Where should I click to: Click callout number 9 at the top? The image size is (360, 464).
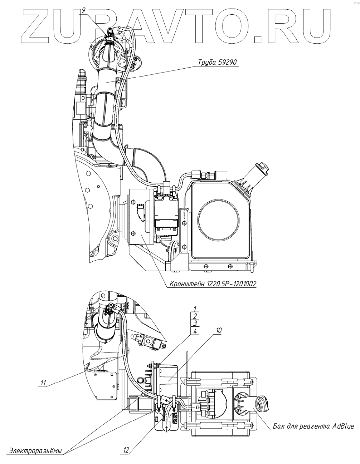coord(84,10)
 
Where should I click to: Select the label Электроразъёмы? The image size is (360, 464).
coord(36,451)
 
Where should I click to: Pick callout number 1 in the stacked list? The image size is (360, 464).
coord(195,308)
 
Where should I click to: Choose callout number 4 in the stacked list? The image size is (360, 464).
coord(195,331)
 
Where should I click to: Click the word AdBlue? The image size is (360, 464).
coord(343,426)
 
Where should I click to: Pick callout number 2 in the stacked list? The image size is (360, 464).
coord(195,316)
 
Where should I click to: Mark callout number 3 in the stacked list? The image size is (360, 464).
coord(195,324)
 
